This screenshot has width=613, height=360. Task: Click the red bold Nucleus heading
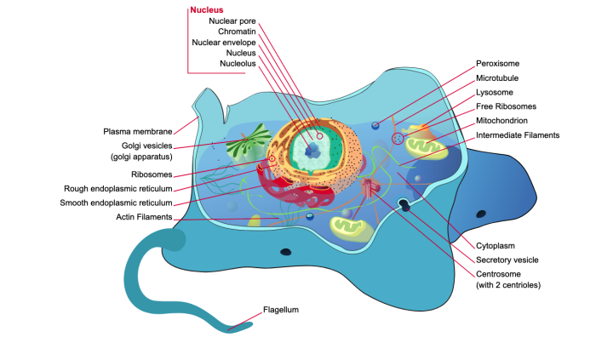pyautogui.click(x=207, y=10)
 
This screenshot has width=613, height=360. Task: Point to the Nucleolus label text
pyautogui.click(x=238, y=63)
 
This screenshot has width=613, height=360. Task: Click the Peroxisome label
pyautogui.click(x=498, y=63)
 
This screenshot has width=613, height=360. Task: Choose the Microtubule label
pyautogui.click(x=498, y=77)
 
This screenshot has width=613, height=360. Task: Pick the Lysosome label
pyautogui.click(x=496, y=92)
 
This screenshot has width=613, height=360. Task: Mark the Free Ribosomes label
pyautogui.click(x=507, y=106)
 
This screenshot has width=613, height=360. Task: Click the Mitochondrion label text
pyautogui.click(x=504, y=121)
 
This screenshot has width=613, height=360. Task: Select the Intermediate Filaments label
pyautogui.click(x=518, y=134)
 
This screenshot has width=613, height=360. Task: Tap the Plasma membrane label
pyautogui.click(x=138, y=132)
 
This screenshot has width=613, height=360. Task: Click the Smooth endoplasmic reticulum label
pyautogui.click(x=116, y=203)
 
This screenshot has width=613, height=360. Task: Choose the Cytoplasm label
pyautogui.click(x=496, y=245)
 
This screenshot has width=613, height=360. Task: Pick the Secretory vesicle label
pyautogui.click(x=507, y=260)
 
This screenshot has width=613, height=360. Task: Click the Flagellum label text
pyautogui.click(x=281, y=311)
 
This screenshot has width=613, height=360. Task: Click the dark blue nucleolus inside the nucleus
pyautogui.click(x=312, y=151)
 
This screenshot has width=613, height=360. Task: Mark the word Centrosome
pyautogui.click(x=500, y=274)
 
